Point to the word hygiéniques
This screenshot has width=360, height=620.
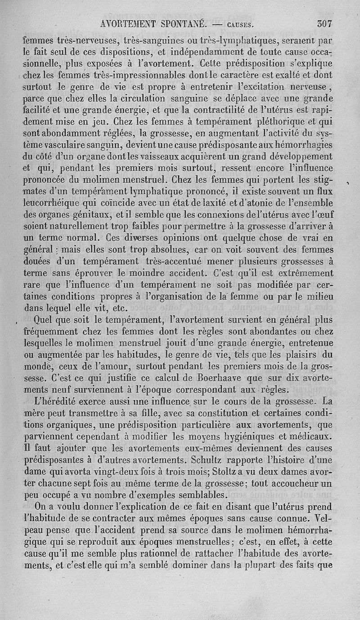pos(274,436)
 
